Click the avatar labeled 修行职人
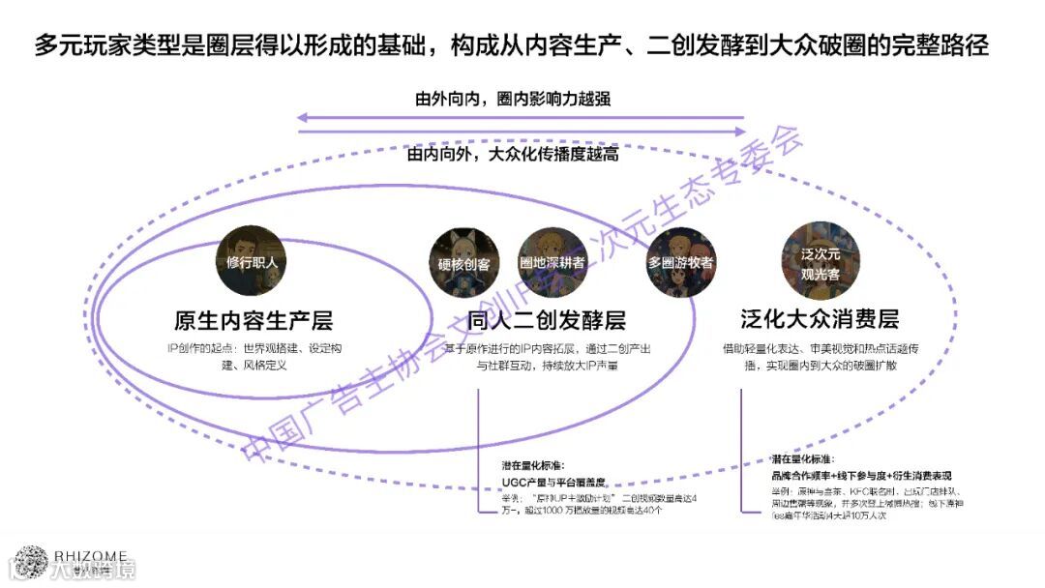click(x=252, y=261)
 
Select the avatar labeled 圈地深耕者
click(x=552, y=262)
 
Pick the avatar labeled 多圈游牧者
click(x=681, y=261)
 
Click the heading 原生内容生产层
click(x=253, y=320)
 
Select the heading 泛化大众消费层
click(x=820, y=320)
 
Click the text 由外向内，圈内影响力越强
click(x=512, y=99)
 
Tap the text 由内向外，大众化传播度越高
click(x=512, y=154)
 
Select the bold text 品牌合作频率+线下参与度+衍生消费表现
click(x=861, y=476)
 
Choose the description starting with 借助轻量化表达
click(x=820, y=356)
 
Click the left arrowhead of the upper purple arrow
click(x=302, y=118)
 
